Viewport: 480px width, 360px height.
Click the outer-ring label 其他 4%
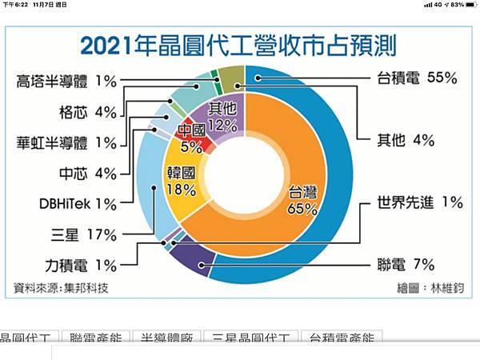[x=406, y=140]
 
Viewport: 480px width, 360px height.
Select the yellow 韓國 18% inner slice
[x=183, y=180]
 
